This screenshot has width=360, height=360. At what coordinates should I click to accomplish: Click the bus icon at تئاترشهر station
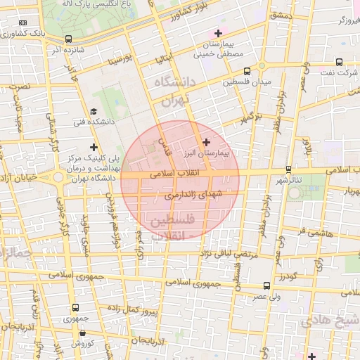289,169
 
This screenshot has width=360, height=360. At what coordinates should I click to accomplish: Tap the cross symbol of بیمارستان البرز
205,142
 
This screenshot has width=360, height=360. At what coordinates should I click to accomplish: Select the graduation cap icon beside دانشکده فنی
94,112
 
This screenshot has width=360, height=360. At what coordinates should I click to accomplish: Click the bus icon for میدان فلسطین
247,71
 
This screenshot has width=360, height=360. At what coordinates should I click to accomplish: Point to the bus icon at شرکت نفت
340,62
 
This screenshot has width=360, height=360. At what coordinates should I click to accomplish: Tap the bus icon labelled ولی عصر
266,286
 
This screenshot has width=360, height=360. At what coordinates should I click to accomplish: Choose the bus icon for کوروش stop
83,333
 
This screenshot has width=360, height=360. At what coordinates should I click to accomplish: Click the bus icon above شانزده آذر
68,39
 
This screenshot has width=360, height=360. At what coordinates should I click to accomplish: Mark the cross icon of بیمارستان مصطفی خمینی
218,33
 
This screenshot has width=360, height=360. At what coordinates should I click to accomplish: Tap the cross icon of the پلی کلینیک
94,146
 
